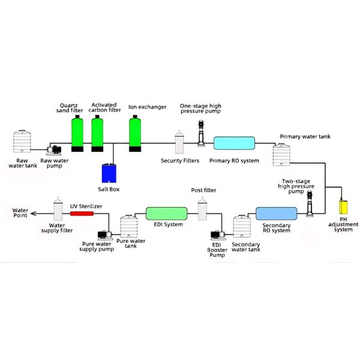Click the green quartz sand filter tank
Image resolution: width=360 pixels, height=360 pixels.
click(77, 133)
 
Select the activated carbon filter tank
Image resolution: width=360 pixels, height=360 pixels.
click(98, 133)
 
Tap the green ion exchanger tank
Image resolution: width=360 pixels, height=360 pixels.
click(136, 133)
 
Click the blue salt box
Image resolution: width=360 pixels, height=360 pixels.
click(109, 173)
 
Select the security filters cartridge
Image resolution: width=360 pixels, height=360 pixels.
click(180, 143)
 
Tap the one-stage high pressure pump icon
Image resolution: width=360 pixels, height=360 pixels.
click(202, 133)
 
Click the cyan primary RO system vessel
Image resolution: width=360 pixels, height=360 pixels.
click(235, 143)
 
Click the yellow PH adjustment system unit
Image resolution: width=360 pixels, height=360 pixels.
click(344, 205)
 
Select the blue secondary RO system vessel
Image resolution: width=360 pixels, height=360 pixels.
click(276, 214)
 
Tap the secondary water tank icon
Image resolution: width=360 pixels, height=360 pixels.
click(242, 227)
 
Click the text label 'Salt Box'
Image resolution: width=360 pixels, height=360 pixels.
click(109, 190)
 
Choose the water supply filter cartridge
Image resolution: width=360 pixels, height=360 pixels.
click(58, 210)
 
